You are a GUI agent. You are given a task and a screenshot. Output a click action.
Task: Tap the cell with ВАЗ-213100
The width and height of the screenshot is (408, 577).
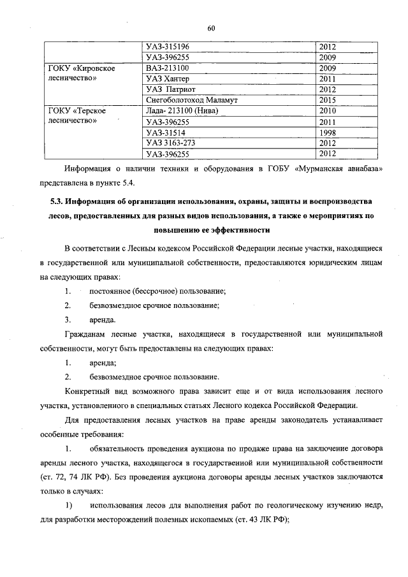[168, 68]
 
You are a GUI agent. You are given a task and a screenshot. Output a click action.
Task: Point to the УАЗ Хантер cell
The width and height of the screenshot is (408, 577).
[168, 78]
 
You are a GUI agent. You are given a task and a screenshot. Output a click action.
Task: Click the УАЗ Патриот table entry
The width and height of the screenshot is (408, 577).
[170, 89]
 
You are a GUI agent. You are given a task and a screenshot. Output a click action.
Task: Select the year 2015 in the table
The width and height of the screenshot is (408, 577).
[328, 100]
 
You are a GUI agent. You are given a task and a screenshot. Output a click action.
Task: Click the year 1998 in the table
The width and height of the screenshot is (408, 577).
[328, 133]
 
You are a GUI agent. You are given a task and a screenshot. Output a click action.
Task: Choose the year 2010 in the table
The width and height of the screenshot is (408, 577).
[328, 111]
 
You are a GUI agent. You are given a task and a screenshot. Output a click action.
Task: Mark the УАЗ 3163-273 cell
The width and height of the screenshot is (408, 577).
[170, 143]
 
